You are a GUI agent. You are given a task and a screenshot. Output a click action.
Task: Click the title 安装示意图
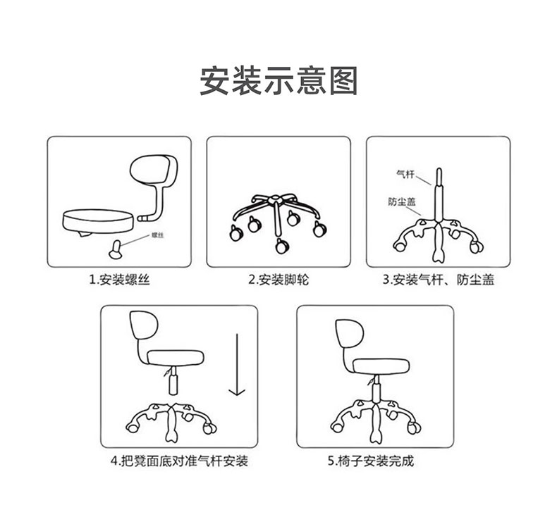[278, 80]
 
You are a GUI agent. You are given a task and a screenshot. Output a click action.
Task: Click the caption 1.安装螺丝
[119, 280]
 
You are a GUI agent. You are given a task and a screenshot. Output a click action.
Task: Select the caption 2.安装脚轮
[278, 280]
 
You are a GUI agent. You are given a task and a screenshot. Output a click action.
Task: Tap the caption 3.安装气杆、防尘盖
[439, 280]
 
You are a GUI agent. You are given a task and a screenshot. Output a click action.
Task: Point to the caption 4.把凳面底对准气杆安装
[179, 461]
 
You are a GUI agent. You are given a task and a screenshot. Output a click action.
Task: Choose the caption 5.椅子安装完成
[370, 461]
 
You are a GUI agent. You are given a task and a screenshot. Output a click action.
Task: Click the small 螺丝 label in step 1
[157, 235]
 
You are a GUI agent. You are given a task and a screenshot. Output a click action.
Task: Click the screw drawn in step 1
[116, 250]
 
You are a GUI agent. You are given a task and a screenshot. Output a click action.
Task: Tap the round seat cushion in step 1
[98, 221]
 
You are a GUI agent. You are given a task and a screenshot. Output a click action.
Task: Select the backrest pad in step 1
[151, 170]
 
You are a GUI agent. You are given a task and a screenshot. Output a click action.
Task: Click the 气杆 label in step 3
[405, 174]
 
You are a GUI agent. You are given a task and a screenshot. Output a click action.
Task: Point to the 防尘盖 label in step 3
[402, 202]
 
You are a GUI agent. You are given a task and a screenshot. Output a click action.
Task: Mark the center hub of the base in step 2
[276, 199]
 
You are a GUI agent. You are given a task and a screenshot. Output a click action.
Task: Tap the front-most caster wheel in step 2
[282, 246]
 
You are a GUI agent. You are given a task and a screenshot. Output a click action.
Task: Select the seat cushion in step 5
[381, 366]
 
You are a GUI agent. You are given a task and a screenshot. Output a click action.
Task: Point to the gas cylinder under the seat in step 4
[173, 381]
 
